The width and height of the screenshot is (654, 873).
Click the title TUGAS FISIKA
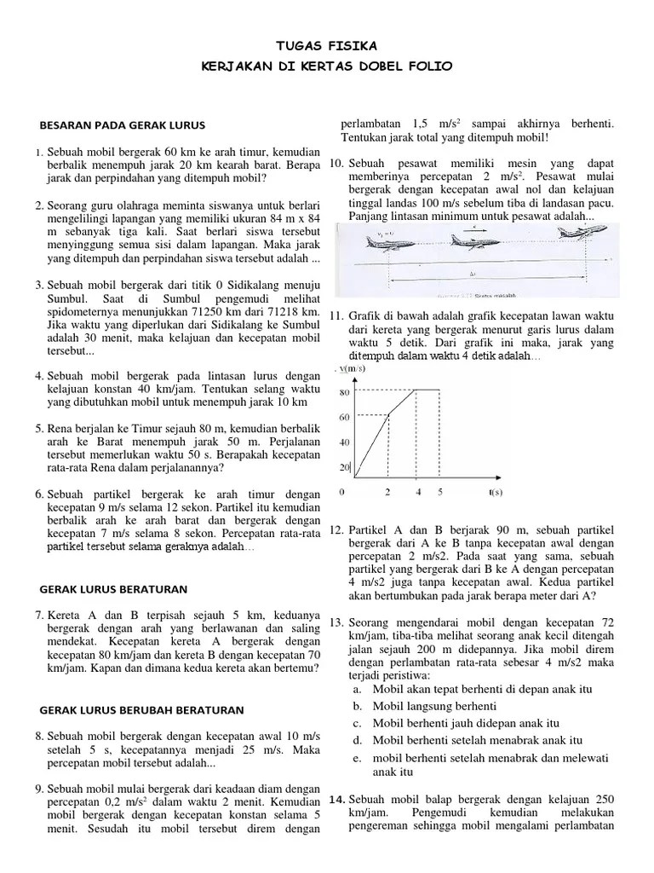(327, 45)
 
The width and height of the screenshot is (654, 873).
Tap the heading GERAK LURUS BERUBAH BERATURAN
(142, 709)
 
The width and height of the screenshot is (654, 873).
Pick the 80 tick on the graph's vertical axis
(345, 393)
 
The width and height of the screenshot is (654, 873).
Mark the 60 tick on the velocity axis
(345, 418)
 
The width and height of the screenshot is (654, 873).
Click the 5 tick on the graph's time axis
(440, 492)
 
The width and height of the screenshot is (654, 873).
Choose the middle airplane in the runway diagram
(473, 241)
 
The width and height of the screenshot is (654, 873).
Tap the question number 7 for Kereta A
(39, 615)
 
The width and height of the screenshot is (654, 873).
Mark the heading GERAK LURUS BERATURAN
(114, 589)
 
